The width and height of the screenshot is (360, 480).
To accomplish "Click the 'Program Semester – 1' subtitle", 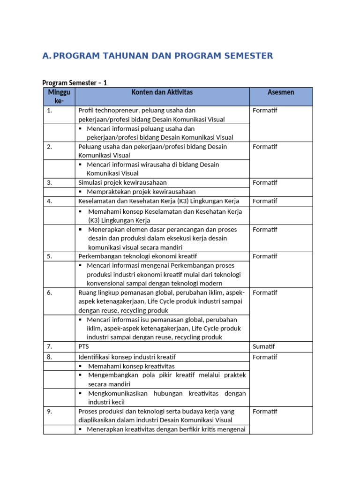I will point(75,83).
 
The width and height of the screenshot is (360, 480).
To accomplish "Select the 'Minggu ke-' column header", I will point(59,97).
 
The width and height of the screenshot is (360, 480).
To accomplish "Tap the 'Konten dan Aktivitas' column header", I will point(162,92).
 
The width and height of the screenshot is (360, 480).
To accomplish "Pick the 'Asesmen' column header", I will point(281,92).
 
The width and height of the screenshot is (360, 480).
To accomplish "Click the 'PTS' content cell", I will point(83,346).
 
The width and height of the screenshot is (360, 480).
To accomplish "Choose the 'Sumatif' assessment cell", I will point(263,346).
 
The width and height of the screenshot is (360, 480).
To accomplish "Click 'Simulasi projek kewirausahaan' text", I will point(122,182).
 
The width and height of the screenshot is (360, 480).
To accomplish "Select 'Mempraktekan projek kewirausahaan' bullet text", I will point(141,192).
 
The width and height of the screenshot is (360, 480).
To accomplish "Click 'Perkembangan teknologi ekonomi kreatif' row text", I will point(137,256).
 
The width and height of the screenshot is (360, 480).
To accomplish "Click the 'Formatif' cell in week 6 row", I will point(265,292).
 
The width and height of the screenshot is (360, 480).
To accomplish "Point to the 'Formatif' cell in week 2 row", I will point(265,147).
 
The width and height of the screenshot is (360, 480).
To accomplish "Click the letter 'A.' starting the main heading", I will point(46,56).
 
